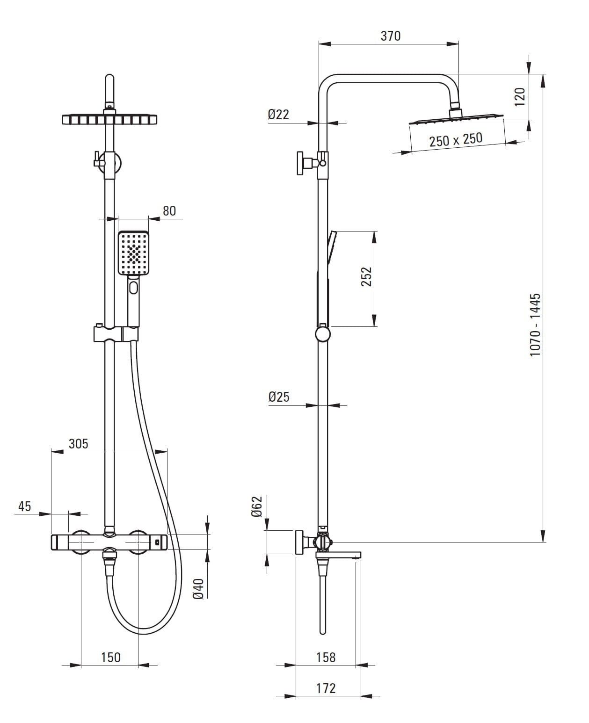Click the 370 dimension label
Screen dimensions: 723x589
(390, 36)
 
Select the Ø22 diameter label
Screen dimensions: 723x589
(278, 114)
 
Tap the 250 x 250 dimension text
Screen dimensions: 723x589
(456, 139)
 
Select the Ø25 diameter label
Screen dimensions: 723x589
(279, 397)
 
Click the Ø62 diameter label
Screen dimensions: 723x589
(256, 506)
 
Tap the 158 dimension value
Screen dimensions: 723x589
(326, 658)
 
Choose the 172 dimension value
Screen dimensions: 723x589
(326, 688)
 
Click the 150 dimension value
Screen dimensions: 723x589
(110, 658)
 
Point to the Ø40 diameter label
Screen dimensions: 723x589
(198, 589)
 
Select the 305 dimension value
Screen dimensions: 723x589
(78, 443)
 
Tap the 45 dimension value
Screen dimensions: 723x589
(24, 506)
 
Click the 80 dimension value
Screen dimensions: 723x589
(169, 211)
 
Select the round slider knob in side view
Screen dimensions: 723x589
(322, 335)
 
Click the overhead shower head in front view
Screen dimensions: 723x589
(109, 119)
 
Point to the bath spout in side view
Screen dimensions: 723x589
(339, 555)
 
